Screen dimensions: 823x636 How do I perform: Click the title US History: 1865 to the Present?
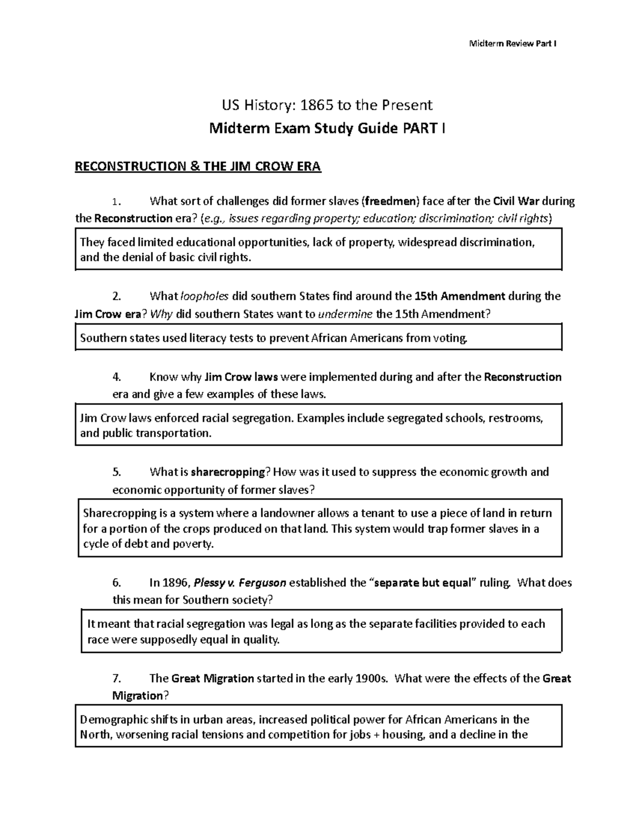327,105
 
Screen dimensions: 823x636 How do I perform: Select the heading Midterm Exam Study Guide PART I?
327,128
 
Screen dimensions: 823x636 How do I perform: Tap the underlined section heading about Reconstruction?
198,166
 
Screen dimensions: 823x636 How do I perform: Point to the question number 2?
117,296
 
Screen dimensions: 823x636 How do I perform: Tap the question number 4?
117,377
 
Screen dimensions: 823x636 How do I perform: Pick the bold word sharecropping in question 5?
228,472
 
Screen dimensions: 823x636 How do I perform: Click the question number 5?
117,472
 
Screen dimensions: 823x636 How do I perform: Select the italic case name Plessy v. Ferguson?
241,583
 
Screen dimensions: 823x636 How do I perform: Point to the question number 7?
117,678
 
